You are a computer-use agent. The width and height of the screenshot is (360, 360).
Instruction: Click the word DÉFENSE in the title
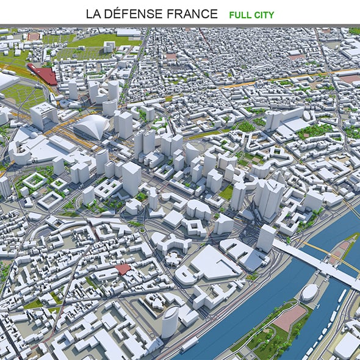pyautogui.click(x=141, y=13)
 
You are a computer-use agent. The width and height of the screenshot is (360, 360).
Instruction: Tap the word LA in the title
pyautogui.click(x=95, y=13)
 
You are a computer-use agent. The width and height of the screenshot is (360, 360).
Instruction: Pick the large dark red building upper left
pyautogui.click(x=43, y=75)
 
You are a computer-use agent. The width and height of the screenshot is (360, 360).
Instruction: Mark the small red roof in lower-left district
pyautogui.click(x=123, y=269)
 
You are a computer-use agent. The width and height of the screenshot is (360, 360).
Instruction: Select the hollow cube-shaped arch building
pyautogui.click(x=43, y=115)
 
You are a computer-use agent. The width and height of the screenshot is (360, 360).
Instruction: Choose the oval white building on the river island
pyautogui.click(x=309, y=292)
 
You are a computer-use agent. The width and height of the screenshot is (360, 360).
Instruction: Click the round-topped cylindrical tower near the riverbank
pyautogui.click(x=170, y=321)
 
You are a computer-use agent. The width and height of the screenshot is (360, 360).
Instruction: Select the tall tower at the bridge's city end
pyautogui.click(x=266, y=237)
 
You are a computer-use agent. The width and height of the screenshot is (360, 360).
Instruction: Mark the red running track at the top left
pyautogui.click(x=33, y=36)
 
